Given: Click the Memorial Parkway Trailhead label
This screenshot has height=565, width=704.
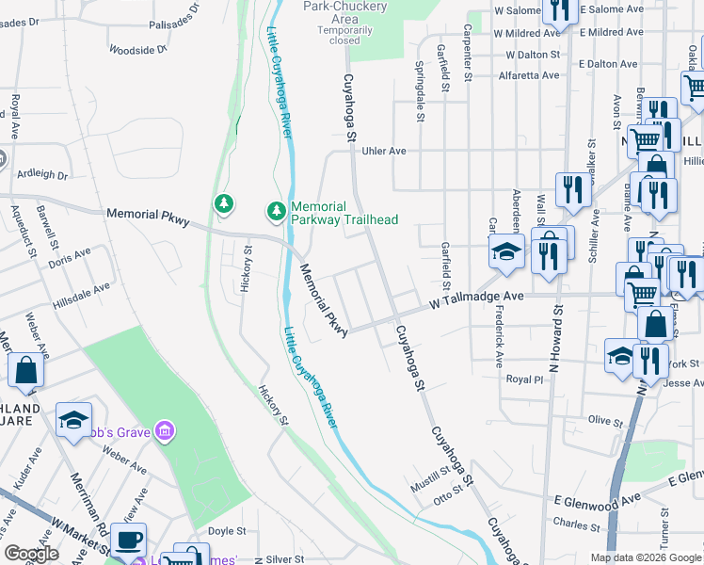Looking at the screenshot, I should (344, 213).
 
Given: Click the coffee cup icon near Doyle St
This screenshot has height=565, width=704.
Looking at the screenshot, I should (128, 541).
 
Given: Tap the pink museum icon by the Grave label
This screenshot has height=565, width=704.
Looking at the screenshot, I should (166, 431).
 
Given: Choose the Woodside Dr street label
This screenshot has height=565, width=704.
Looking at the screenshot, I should (137, 48).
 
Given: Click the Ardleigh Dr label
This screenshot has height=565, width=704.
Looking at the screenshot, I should (42, 174).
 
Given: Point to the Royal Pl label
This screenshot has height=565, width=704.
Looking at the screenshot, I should (525, 379).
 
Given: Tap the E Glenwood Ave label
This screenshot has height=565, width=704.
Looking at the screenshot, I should (597, 497).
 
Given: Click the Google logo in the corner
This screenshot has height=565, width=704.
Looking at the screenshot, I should (32, 554).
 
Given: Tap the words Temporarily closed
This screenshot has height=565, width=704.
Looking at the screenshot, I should (338, 35).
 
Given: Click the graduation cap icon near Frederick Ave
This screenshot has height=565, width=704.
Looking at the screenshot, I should (505, 251).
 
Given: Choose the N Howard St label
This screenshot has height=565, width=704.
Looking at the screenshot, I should (557, 335).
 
